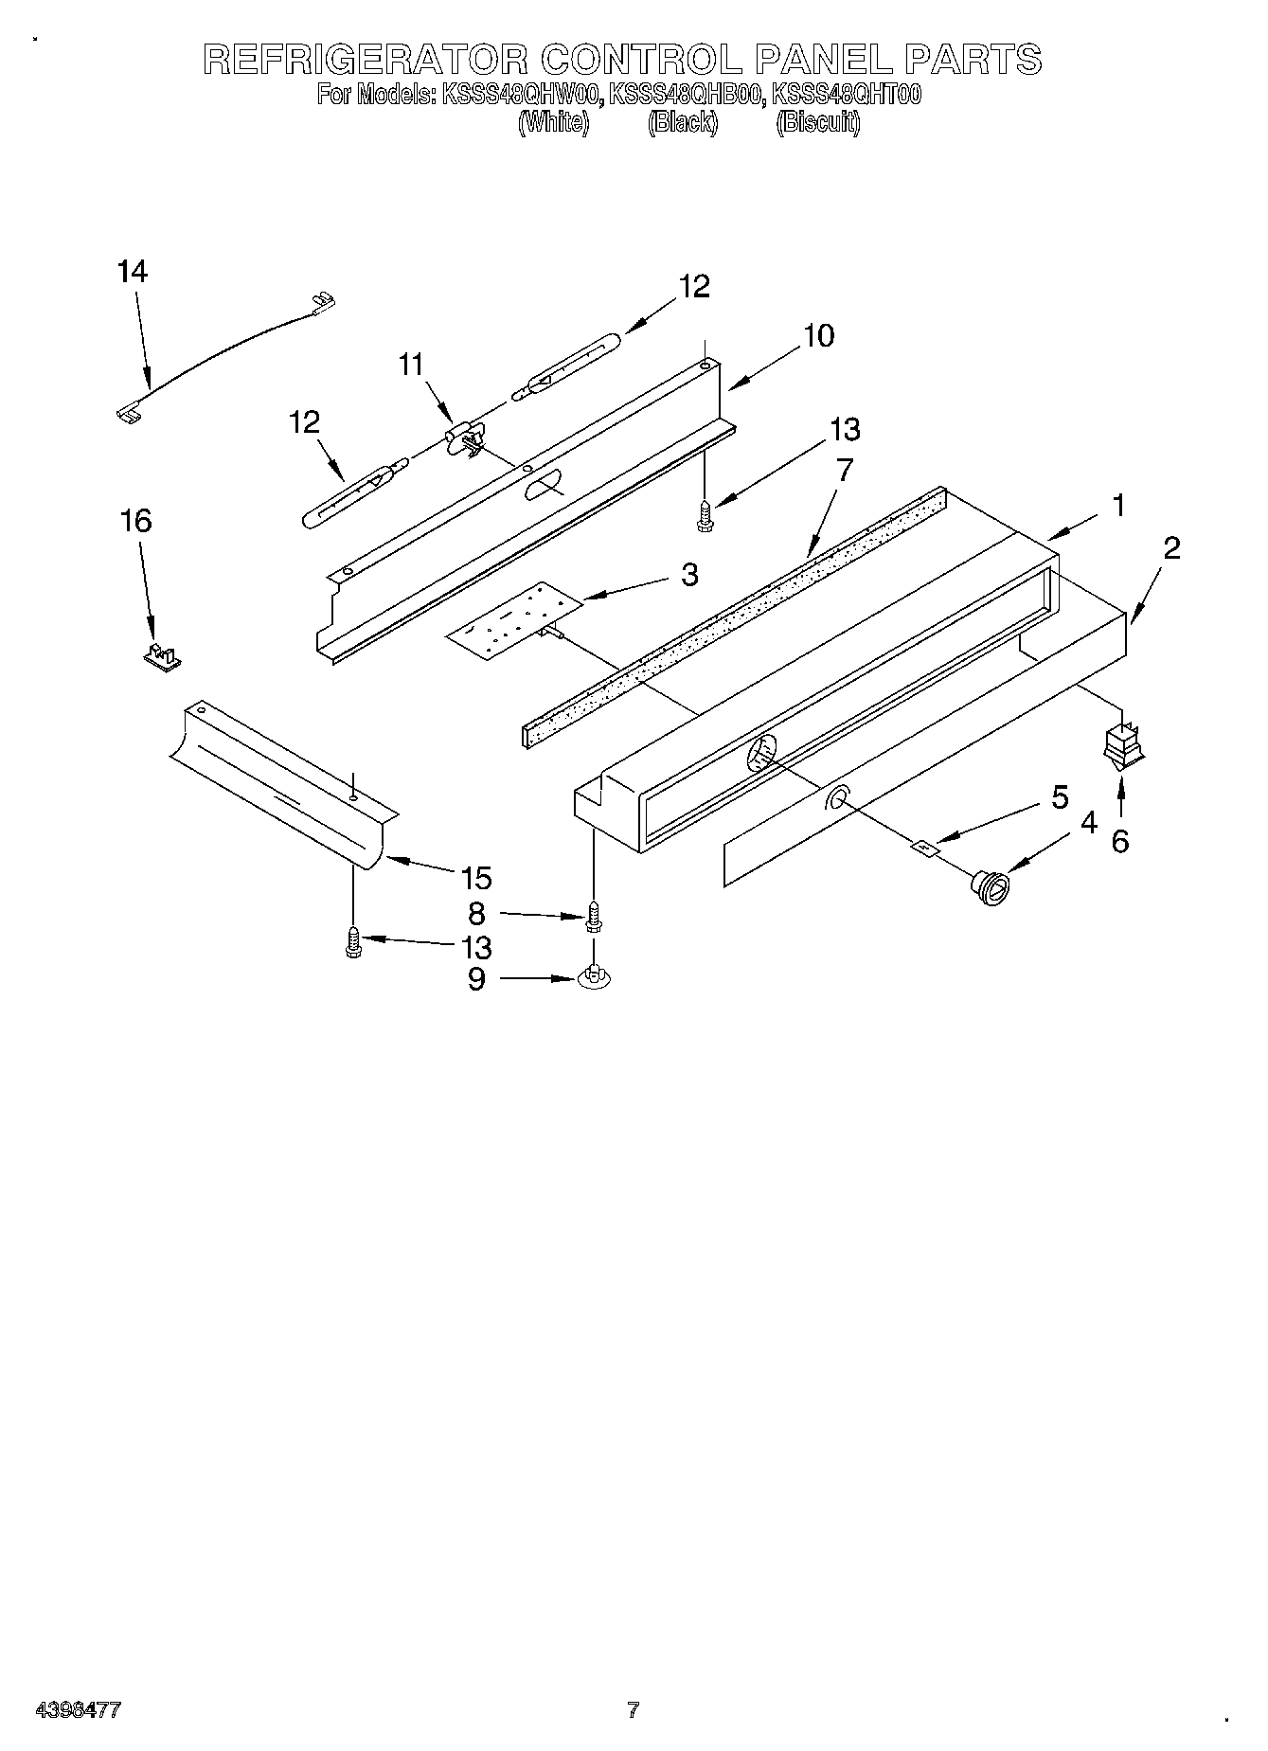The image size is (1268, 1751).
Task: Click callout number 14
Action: click(133, 273)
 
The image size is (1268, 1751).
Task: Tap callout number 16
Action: click(137, 521)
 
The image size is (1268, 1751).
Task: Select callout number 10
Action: click(819, 335)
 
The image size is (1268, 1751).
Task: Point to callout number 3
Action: click(689, 574)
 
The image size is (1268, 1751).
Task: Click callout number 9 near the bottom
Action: click(476, 978)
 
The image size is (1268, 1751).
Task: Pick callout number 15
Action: click(476, 878)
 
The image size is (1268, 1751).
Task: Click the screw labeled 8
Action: click(594, 914)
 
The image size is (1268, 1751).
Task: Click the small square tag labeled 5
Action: click(924, 849)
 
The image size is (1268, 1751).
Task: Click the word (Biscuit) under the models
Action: click(818, 123)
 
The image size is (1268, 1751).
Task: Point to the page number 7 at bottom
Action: click(633, 1709)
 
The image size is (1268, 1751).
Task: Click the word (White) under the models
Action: click(554, 123)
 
